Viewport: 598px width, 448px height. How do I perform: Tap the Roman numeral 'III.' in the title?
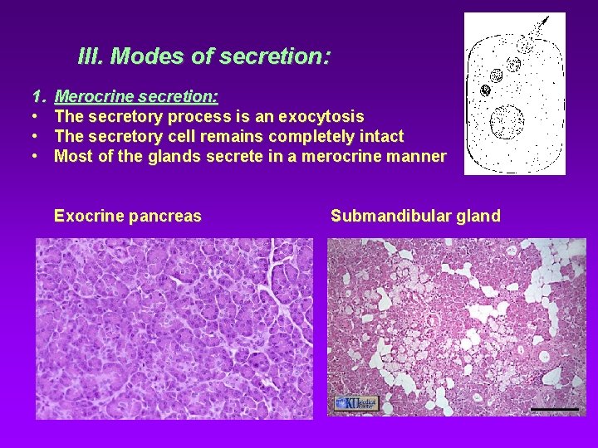point(91,56)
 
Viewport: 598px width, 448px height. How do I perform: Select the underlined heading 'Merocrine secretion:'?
point(136,97)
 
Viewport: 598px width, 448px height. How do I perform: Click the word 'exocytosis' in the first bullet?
point(321,117)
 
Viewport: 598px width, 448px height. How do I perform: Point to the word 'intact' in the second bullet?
point(380,137)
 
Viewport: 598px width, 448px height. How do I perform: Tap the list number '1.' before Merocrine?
point(37,97)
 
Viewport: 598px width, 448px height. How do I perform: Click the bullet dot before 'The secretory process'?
point(37,117)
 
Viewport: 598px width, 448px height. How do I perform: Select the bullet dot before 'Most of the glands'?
point(37,157)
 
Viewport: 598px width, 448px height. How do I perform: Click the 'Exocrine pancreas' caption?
point(127,217)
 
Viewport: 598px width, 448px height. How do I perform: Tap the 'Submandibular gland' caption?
point(415,217)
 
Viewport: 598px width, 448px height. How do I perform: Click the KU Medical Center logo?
point(355,403)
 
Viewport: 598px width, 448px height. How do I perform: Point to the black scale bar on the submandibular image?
point(555,409)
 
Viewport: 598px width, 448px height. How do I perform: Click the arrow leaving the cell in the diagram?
point(540,25)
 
